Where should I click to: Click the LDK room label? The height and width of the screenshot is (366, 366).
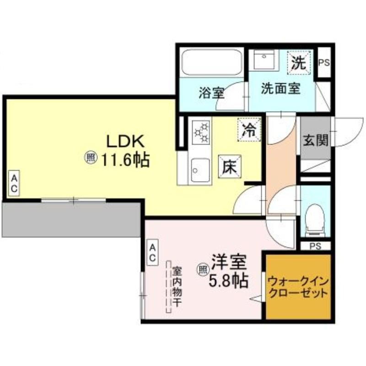tap(125, 141)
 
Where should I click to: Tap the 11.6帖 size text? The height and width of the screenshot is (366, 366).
tap(125, 160)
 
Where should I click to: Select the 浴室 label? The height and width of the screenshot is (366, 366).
tap(211, 93)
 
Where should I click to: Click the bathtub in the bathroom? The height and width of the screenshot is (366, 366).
tap(212, 62)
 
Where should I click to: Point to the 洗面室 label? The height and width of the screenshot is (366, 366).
tap(280, 88)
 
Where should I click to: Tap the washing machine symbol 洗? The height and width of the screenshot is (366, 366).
tap(299, 63)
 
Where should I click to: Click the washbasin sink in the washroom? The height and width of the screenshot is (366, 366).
tap(264, 59)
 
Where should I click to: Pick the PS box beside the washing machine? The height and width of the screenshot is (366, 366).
tap(324, 62)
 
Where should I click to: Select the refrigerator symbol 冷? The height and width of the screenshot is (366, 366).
tap(249, 130)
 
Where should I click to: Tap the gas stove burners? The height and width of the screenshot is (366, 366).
tap(201, 132)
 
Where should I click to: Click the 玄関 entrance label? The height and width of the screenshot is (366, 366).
tap(315, 140)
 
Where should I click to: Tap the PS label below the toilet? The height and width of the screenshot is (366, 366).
tap(315, 246)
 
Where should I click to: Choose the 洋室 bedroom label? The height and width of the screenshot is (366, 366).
tap(229, 262)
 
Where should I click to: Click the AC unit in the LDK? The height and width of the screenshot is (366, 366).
tap(14, 183)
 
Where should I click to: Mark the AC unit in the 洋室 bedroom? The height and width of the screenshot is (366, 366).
tap(152, 252)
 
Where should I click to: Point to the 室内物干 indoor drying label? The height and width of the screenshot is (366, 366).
tap(177, 287)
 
